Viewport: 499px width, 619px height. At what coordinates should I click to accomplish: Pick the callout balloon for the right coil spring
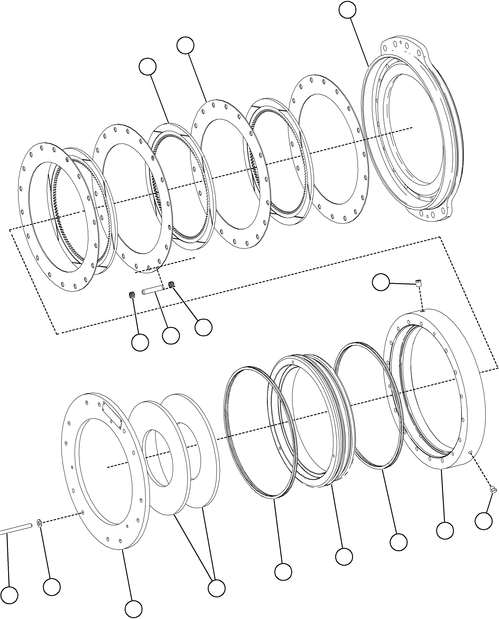tap(204, 327)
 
